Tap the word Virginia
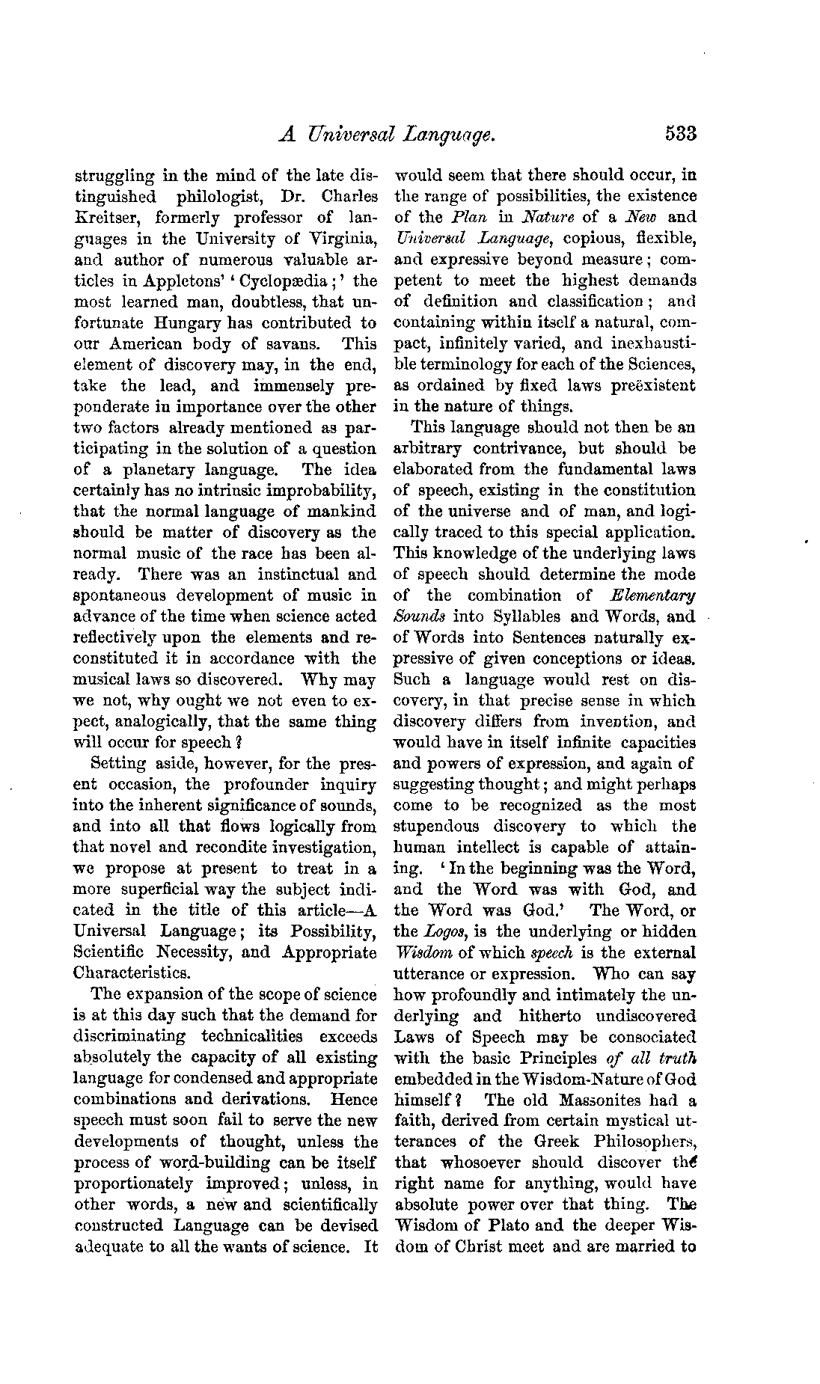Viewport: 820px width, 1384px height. (x=341, y=239)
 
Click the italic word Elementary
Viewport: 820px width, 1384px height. (x=652, y=595)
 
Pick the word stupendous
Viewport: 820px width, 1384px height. (x=437, y=827)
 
